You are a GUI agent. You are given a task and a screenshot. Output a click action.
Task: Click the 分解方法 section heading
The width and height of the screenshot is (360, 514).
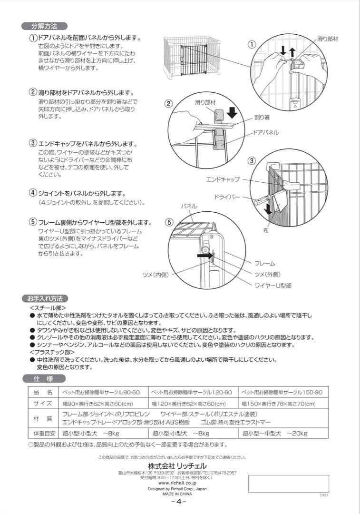click(45, 26)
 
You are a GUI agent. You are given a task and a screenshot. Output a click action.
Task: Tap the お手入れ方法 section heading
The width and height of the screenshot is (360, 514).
click(45, 299)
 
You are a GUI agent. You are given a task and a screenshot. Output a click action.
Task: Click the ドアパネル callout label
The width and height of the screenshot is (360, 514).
click(266, 133)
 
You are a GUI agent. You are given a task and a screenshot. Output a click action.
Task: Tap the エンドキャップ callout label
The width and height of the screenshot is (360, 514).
click(223, 180)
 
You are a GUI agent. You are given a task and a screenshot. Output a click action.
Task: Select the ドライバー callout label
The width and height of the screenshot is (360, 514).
click(227, 197)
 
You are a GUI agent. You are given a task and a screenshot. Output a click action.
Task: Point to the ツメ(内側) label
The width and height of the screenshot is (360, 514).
click(156, 275)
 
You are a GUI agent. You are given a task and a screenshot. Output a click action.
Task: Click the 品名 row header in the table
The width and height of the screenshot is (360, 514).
click(42, 393)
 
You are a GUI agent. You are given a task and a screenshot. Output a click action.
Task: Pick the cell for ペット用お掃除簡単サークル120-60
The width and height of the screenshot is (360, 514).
click(192, 393)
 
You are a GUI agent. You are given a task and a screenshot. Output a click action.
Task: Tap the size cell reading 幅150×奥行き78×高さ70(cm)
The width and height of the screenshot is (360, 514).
click(279, 404)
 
